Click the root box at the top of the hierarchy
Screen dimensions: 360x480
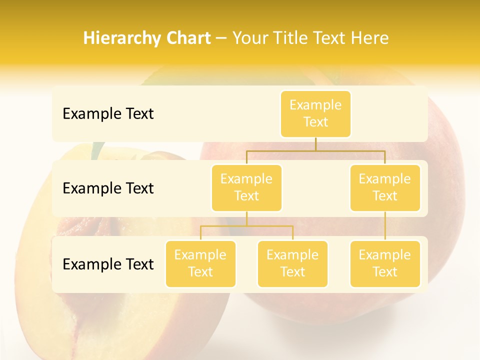(x=315, y=113)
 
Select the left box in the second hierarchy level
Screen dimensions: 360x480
(x=246, y=187)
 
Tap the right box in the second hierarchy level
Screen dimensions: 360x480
(x=384, y=187)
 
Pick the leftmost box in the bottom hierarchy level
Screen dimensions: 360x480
(x=200, y=263)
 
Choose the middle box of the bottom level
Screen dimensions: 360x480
(x=292, y=263)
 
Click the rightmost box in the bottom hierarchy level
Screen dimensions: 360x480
(x=384, y=263)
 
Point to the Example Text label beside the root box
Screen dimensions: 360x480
(x=108, y=114)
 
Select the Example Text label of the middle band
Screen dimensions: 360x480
(x=108, y=188)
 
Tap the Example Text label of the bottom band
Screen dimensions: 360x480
(x=108, y=264)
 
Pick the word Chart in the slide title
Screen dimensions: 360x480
(x=186, y=38)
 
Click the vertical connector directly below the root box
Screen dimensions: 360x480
(x=315, y=144)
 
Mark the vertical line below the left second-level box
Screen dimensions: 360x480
(x=246, y=218)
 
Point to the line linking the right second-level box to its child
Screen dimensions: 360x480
(x=385, y=226)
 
